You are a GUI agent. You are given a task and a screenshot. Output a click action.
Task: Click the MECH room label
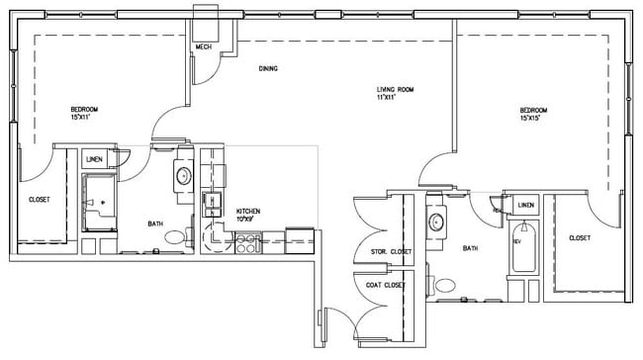(204, 46)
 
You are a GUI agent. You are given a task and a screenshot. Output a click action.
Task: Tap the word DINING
(267, 68)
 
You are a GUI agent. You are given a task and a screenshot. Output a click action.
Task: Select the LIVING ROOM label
(394, 92)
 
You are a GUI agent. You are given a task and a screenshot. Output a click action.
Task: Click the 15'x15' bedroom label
(538, 113)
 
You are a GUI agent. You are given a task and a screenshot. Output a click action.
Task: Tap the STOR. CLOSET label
(391, 252)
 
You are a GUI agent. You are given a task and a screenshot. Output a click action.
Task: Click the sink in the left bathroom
(183, 176)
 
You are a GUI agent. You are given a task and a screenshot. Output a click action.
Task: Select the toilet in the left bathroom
(175, 237)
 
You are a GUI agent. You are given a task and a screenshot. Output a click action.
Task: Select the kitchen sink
(211, 205)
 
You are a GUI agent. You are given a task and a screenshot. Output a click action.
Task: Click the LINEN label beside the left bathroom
(95, 159)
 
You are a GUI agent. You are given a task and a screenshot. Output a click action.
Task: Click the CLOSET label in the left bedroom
(39, 200)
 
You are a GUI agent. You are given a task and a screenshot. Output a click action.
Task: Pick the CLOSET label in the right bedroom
(581, 238)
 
